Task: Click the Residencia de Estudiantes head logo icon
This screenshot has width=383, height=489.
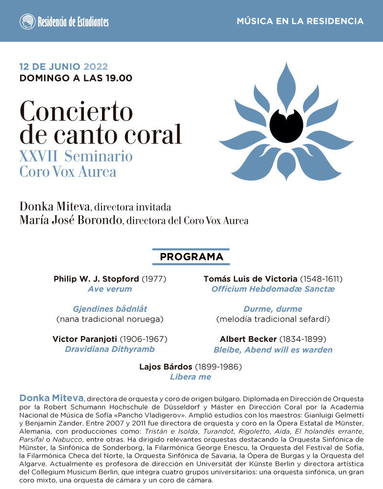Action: pos(27,22)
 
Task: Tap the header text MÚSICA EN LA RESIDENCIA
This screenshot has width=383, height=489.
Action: pos(300,22)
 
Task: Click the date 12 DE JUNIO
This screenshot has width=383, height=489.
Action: pos(50,67)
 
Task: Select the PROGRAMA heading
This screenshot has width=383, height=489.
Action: pos(191,257)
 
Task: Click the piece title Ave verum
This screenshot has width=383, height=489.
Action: pos(110,289)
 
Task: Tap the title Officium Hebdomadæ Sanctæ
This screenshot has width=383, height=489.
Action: pos(273,289)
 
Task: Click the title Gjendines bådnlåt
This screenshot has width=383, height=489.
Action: pos(110,309)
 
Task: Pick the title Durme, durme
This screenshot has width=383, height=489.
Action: pos(273,309)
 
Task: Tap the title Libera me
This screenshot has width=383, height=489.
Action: pos(191,377)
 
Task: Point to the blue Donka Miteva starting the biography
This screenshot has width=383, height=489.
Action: pos(51,398)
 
